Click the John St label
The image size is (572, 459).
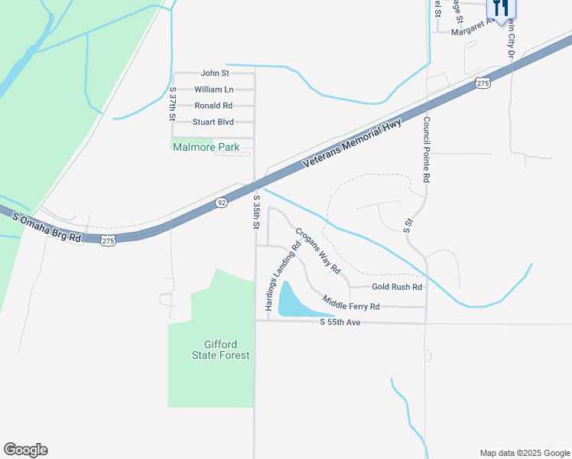pos(215,73)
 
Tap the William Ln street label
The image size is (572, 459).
pos(213,90)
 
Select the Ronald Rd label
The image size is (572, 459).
pos(213,106)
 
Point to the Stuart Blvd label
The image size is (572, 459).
pos(213,122)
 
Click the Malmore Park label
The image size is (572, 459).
pos(206,147)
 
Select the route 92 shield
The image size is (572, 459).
pos(221,203)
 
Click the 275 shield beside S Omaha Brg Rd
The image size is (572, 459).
pos(108,240)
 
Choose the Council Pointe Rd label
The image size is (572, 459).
pos(427,149)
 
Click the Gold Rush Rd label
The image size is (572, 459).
pos(397,287)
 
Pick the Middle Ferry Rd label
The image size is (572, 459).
pos(351,302)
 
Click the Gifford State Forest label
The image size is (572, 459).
pos(210,350)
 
